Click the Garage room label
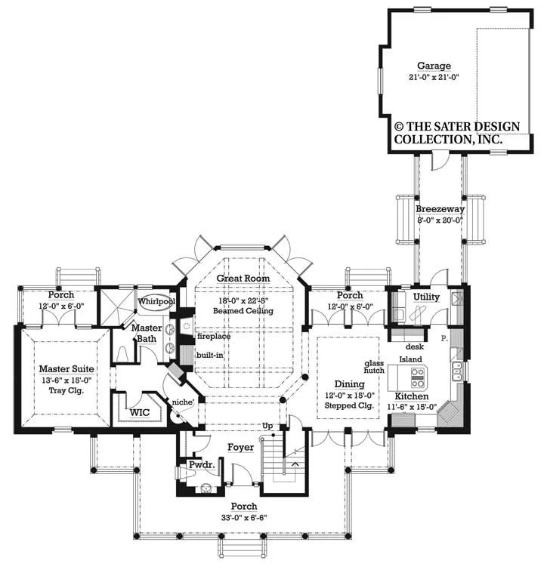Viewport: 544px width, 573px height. (434, 66)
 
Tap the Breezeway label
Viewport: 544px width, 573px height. (440, 209)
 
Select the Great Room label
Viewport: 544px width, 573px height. (243, 278)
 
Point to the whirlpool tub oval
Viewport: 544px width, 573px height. (156, 302)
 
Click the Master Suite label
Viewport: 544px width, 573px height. (66, 369)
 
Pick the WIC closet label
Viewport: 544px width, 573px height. (140, 412)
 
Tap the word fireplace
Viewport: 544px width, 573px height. (214, 336)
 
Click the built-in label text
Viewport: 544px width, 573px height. (209, 356)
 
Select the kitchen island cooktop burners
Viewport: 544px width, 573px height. (418, 378)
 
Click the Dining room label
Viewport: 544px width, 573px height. (349, 384)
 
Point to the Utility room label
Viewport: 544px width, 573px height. (426, 297)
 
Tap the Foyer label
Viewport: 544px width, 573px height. (240, 447)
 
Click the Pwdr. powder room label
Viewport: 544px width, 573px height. (202, 465)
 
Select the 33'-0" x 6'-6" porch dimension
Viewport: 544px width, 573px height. (244, 517)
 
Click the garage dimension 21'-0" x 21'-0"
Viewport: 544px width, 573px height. (434, 78)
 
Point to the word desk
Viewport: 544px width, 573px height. (415, 347)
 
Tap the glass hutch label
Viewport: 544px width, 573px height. (374, 367)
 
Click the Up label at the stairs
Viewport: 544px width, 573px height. (267, 426)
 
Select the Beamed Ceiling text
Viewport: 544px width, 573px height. (243, 311)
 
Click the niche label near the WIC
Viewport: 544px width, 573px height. (183, 402)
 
